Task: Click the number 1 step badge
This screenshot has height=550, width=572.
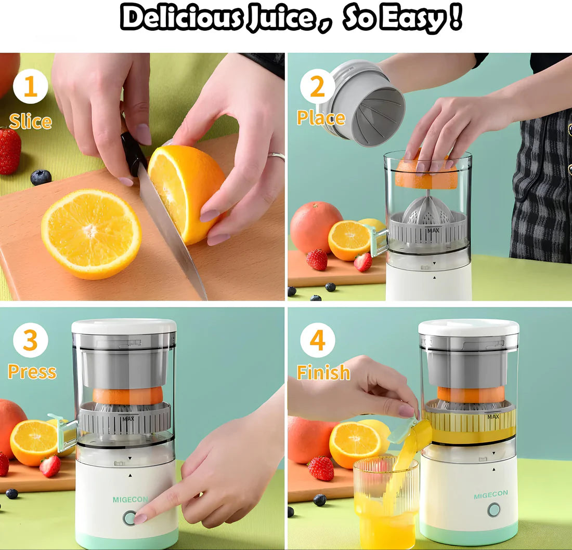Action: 30,87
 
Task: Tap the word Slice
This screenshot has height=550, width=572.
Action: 30,122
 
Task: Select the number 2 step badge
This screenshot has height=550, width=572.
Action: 317,87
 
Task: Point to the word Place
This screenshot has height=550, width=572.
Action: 321,118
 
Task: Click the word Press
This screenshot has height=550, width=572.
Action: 32,372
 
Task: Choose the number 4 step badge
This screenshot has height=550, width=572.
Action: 317,341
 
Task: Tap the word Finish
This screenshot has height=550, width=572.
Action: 323,372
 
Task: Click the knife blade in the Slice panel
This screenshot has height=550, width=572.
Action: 172,234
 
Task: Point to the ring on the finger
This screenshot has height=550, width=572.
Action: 277,155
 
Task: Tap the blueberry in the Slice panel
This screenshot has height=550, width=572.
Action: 41,177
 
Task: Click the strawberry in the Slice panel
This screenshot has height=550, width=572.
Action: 9,151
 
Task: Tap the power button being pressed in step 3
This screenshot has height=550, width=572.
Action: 129,518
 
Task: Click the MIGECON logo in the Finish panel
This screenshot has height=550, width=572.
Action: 491,495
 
